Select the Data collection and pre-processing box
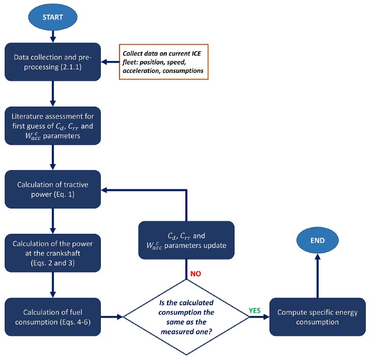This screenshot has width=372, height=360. point(53,62)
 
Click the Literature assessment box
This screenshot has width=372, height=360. point(53,126)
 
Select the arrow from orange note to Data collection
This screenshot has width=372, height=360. point(110,62)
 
